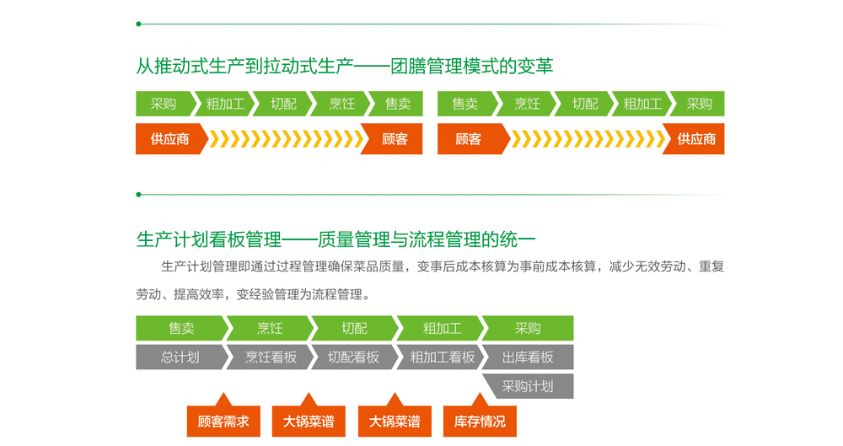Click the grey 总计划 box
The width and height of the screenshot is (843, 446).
(x=180, y=357)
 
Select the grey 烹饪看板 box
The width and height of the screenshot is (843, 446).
(x=271, y=357)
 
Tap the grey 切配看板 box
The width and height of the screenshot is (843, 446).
(x=354, y=357)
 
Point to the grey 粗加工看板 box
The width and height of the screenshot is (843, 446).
(x=442, y=357)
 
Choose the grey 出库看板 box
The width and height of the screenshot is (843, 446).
(x=528, y=357)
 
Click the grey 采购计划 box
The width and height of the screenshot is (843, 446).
(x=528, y=386)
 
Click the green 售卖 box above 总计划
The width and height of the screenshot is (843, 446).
(x=182, y=328)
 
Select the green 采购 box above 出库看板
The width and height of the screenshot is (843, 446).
(x=528, y=328)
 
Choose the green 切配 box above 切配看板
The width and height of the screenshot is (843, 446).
(x=354, y=328)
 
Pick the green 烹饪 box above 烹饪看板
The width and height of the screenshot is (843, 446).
(x=270, y=328)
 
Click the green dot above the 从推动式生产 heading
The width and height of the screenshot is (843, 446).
(x=139, y=24)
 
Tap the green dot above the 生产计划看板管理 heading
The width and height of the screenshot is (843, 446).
(x=139, y=195)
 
